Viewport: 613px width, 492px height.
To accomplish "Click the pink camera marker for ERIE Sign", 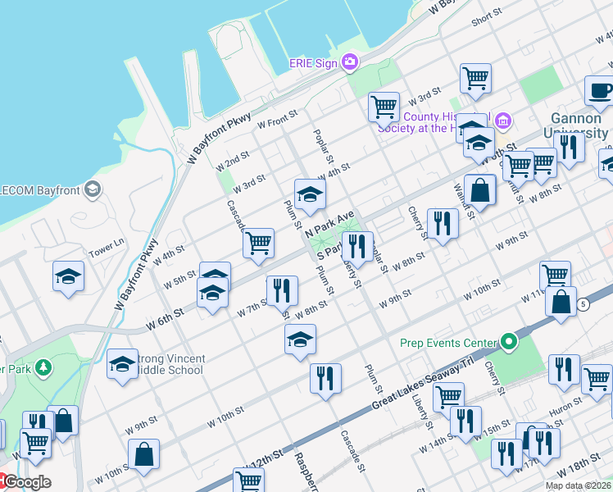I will click(x=350, y=62).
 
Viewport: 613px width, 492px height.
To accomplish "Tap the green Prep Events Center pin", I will click(x=510, y=342).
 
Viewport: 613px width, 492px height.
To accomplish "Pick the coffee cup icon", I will click(x=599, y=89).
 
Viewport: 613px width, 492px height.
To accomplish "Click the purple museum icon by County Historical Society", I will click(x=503, y=122).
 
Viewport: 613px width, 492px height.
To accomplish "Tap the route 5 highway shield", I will click(x=583, y=304).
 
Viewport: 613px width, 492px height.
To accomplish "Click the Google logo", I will click(x=26, y=482).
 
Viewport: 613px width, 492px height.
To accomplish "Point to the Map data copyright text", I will click(x=578, y=485).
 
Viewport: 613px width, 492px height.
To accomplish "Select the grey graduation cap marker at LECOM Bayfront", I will click(x=93, y=190).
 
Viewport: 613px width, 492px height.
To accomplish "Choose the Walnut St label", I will click(x=465, y=201).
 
